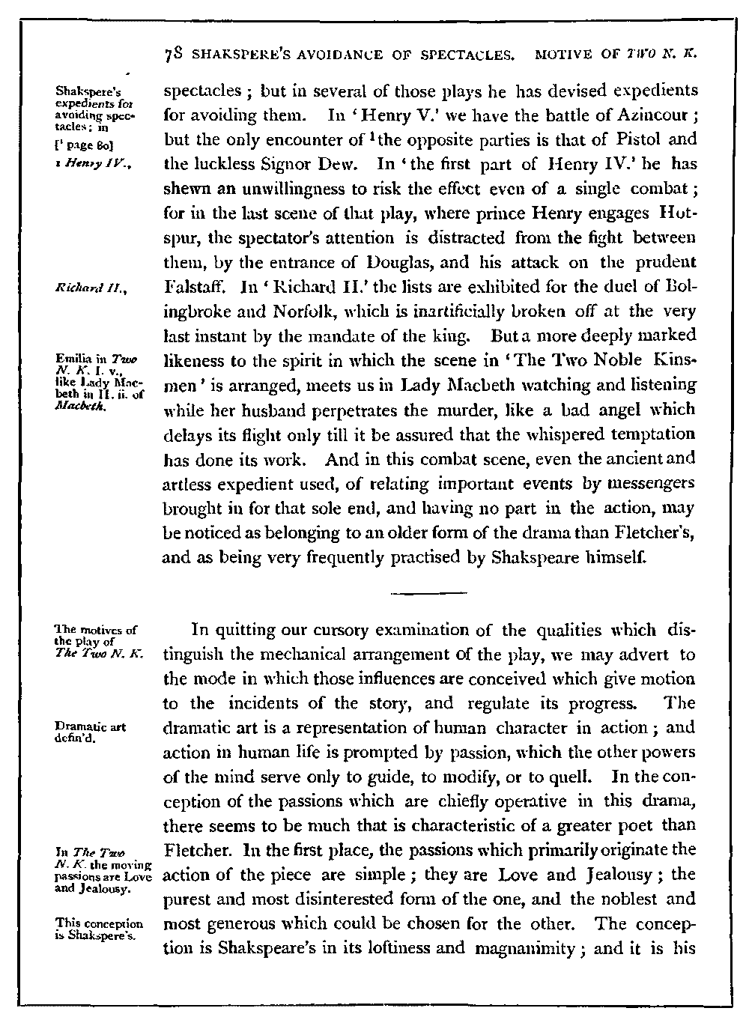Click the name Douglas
(x=409, y=262)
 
